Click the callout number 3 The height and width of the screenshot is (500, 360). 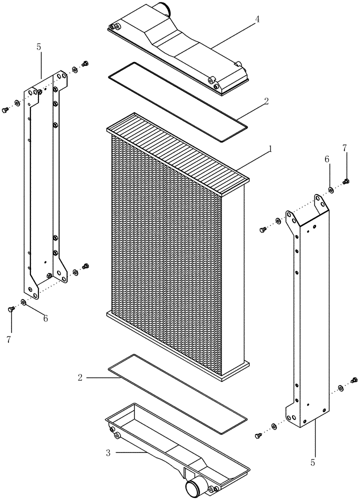107,453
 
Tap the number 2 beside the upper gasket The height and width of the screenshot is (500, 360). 266,100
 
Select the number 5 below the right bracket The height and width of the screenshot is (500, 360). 312,463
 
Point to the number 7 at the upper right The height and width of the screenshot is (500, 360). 344,148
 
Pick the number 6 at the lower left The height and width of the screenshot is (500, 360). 45,318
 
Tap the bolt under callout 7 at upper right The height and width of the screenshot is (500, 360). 345,181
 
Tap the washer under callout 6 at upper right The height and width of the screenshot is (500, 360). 331,189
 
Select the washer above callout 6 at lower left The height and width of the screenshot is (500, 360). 23,302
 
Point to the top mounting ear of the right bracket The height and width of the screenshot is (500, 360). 318,203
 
